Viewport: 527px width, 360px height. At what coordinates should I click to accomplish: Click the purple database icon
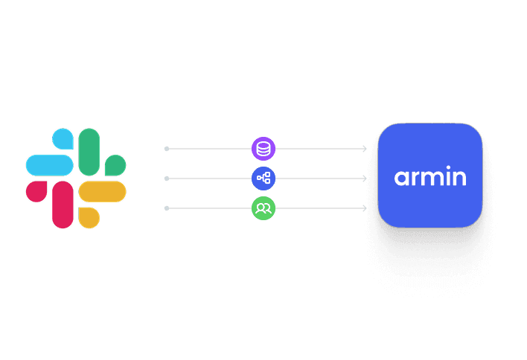tap(263, 149)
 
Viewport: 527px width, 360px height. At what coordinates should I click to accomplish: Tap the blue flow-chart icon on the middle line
tap(263, 179)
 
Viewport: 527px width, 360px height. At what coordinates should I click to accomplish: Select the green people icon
tap(263, 208)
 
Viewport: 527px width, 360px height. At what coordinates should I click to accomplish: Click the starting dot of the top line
tap(167, 149)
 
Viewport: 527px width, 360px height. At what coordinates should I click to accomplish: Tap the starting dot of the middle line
tap(167, 179)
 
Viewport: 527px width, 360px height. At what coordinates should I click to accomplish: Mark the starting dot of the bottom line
tap(167, 208)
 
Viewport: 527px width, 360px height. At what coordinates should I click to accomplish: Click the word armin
tap(430, 178)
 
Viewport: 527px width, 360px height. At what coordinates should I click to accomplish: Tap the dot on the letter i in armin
tap(447, 169)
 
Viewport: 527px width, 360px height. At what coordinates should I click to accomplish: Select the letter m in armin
tap(429, 179)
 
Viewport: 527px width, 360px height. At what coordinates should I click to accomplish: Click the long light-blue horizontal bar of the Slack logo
tap(49, 164)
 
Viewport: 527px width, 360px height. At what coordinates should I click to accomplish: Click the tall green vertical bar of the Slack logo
tap(89, 152)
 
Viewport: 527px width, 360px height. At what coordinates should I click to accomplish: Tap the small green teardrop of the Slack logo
tap(115, 164)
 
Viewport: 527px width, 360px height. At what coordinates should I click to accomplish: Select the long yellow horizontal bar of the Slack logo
tap(103, 191)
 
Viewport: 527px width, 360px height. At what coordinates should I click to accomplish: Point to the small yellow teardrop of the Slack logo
tap(89, 216)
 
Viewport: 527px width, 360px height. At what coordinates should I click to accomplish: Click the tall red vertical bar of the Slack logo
tap(63, 204)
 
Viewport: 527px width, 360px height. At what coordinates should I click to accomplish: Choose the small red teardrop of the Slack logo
tap(36, 191)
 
